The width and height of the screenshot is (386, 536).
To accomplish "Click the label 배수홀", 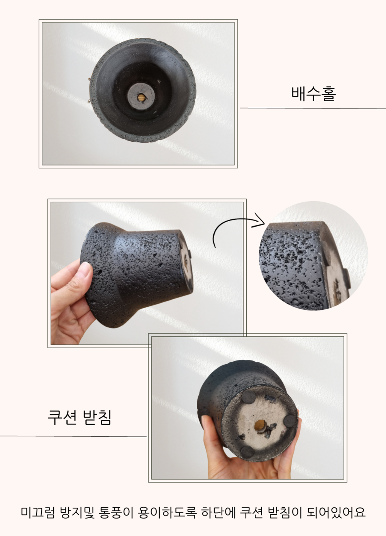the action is point(313,93).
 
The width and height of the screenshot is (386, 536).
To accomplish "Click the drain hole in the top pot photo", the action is point(141,98).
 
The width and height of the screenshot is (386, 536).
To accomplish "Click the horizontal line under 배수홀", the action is point(313,108).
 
